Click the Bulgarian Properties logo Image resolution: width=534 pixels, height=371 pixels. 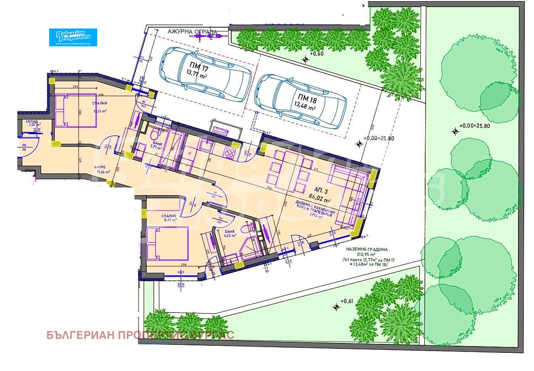(73, 37)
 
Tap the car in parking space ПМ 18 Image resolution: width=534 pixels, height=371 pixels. (301, 101)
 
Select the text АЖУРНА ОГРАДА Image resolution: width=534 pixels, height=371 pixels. (193, 32)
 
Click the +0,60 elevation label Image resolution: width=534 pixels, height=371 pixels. (316, 54)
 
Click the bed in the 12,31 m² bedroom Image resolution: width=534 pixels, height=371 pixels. (75, 110)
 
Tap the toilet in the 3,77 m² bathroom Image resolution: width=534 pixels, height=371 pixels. (155, 135)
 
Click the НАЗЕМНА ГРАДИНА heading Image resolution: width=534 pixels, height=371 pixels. (367, 249)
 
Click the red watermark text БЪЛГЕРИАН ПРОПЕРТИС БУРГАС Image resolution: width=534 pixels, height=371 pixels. (140, 335)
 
